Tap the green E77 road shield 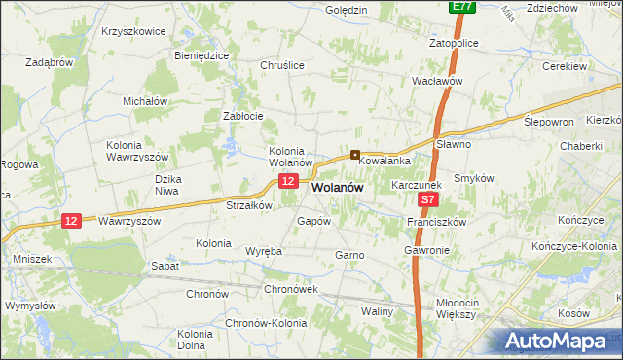[x=463, y=7]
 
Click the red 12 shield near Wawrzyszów [x=70, y=221]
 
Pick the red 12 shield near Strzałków [x=287, y=182]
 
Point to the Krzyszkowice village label [x=133, y=31]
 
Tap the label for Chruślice [x=282, y=65]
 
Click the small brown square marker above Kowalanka [x=356, y=154]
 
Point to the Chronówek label [x=291, y=289]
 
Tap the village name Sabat [x=165, y=265]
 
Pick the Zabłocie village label [x=243, y=116]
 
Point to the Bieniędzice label [x=202, y=55]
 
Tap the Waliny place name [x=377, y=311]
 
